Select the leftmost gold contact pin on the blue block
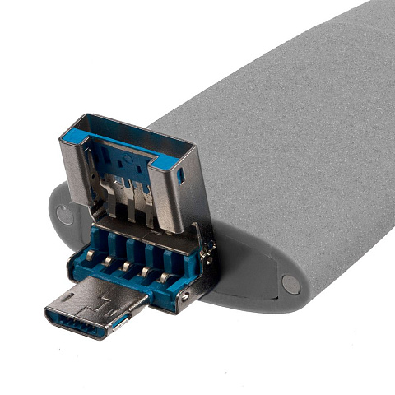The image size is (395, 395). pos(86,257)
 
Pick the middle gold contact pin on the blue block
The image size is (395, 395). pos(126,267)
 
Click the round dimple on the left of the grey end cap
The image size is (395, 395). pos(64,216)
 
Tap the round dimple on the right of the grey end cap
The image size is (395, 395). pos(290,284)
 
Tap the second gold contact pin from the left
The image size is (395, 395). pos(106,262)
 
